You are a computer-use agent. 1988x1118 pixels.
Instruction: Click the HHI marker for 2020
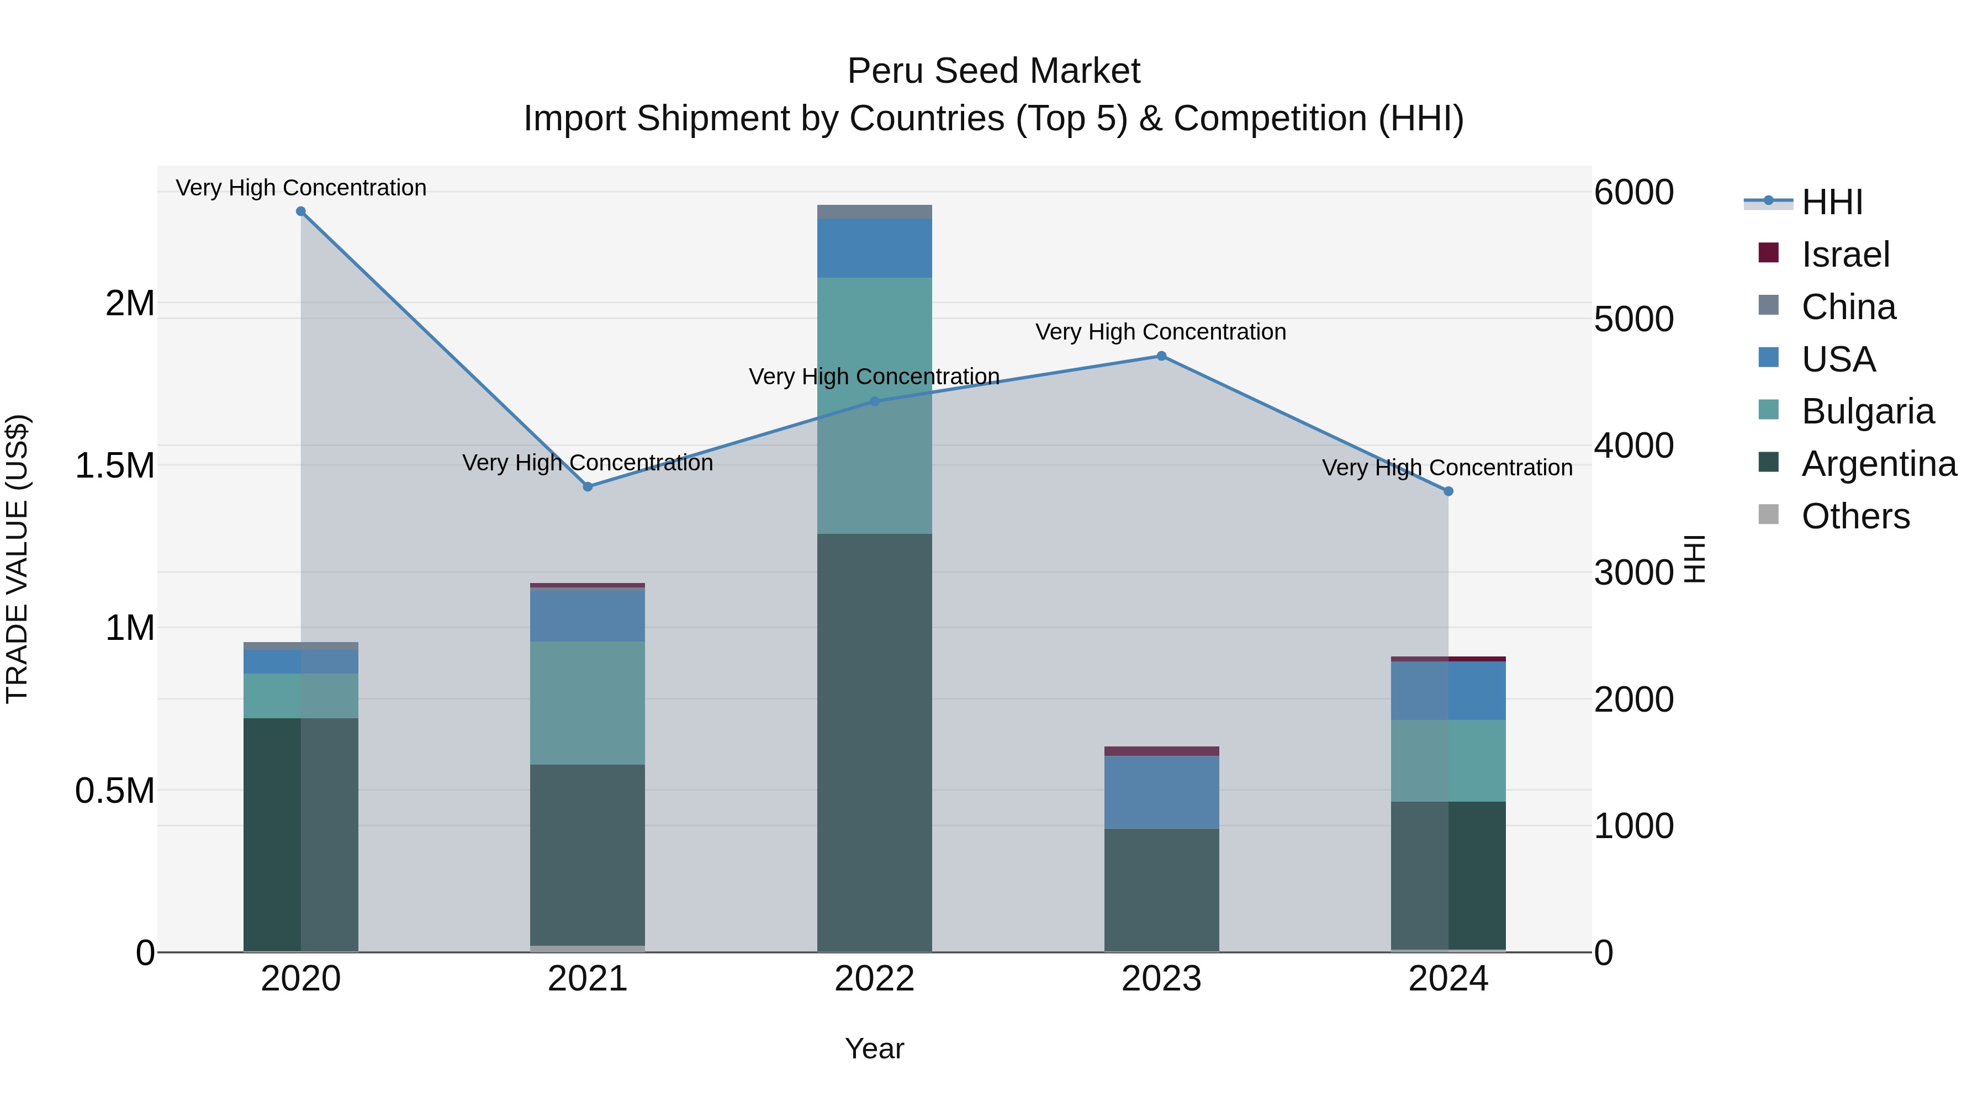point(301,211)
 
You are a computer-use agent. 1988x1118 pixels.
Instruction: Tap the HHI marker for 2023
point(1161,357)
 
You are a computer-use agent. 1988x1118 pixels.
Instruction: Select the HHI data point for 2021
point(588,487)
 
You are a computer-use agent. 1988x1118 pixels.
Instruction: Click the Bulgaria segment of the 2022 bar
point(874,405)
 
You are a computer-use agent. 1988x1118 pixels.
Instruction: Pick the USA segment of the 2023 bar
point(1161,792)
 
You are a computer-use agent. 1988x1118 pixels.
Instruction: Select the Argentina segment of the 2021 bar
point(588,855)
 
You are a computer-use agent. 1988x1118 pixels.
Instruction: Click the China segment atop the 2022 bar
point(874,212)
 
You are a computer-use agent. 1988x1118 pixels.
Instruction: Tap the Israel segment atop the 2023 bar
point(1161,751)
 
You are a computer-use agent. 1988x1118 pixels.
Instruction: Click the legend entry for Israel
point(1844,255)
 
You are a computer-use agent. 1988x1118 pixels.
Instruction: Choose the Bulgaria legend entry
point(1867,411)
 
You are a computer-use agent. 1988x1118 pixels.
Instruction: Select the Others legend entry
point(1854,516)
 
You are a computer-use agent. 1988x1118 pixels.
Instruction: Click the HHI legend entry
point(1831,202)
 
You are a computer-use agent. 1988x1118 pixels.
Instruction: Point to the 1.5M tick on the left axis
point(114,466)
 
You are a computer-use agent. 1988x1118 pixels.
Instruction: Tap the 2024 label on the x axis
point(1448,979)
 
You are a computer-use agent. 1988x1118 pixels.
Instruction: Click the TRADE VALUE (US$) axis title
point(17,559)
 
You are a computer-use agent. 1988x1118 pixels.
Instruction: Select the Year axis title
point(874,1048)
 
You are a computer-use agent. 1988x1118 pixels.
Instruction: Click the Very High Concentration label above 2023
point(1161,332)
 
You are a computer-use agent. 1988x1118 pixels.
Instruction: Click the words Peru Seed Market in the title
point(993,71)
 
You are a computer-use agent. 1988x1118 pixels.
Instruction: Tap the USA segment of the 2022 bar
point(874,248)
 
